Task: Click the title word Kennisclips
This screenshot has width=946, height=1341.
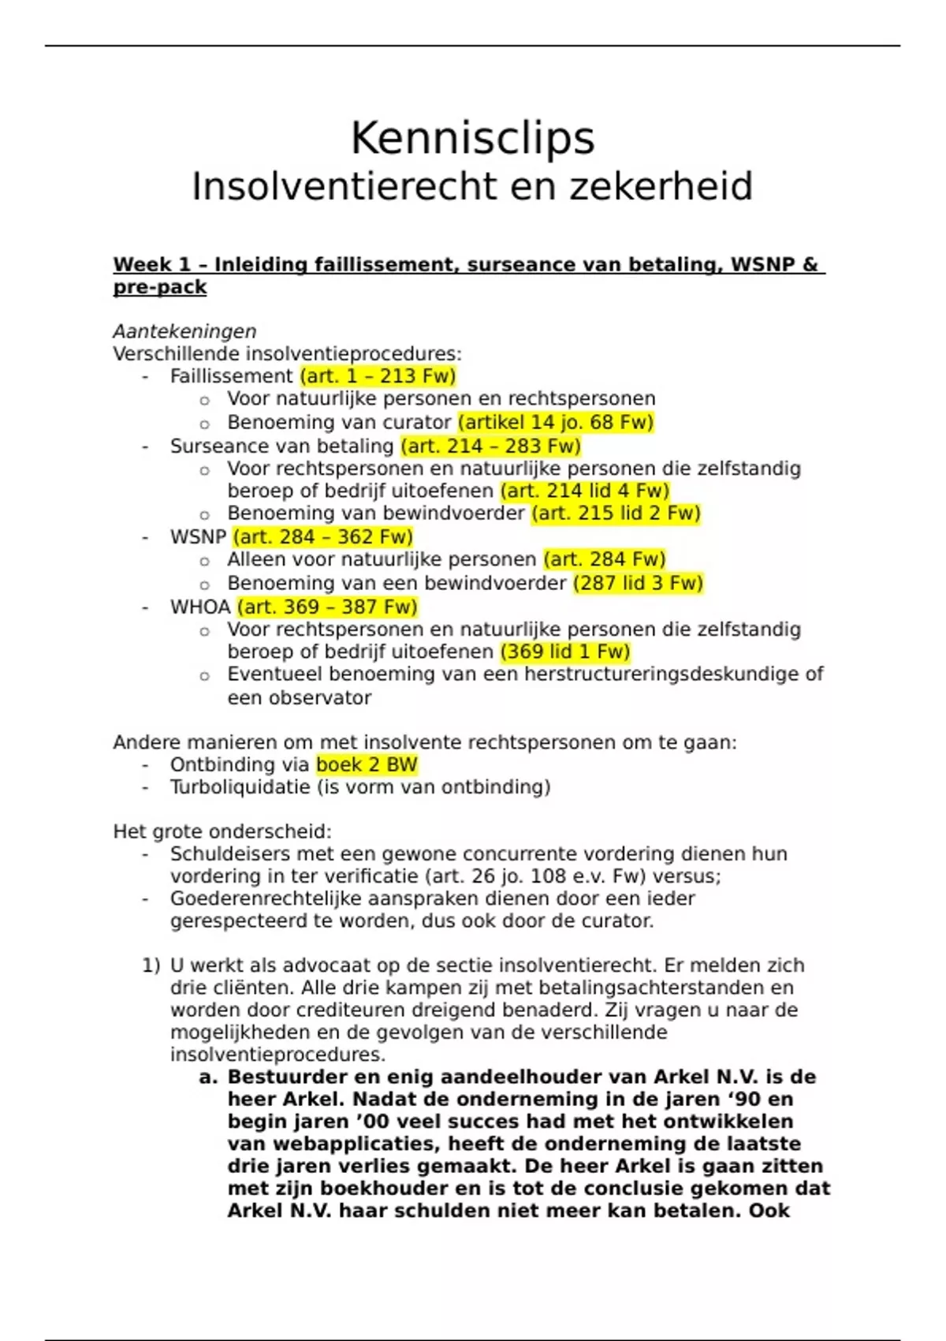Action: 472,139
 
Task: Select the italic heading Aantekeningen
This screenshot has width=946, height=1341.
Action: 184,331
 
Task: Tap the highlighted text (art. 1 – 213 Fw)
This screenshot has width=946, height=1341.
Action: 378,376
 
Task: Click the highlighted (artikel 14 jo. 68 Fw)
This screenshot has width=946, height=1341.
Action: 556,422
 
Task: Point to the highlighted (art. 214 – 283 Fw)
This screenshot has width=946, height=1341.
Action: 490,446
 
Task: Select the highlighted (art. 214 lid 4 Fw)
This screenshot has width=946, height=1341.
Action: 584,491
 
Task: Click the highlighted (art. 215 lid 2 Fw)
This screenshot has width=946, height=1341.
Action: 616,514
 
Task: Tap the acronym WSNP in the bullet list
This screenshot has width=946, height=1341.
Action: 198,537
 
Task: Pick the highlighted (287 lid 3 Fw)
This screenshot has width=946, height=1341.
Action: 638,583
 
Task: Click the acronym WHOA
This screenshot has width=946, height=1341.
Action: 200,607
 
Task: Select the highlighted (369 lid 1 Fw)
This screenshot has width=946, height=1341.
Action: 565,652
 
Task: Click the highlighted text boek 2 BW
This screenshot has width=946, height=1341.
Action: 367,764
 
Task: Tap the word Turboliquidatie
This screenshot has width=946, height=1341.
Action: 240,787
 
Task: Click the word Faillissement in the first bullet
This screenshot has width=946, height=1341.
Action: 231,376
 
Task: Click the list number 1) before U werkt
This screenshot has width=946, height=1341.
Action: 151,966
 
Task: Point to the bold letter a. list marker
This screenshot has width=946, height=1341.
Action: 208,1078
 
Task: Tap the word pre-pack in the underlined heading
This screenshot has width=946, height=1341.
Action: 159,287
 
